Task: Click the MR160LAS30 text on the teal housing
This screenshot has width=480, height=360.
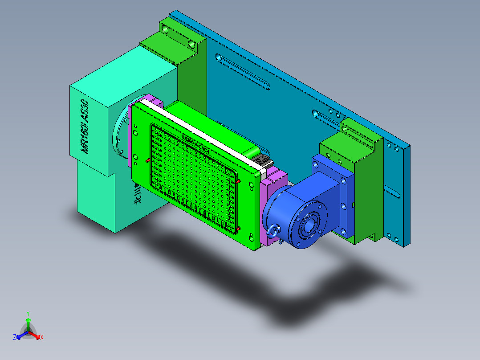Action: [x=85, y=127]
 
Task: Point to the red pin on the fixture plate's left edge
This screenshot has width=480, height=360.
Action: [x=147, y=160]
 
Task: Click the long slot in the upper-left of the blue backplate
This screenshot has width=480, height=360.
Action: [x=243, y=71]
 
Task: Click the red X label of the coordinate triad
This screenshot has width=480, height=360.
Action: [x=42, y=338]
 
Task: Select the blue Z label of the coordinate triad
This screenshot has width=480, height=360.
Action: [x=15, y=338]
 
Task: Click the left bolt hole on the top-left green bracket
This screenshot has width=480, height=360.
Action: [x=166, y=30]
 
